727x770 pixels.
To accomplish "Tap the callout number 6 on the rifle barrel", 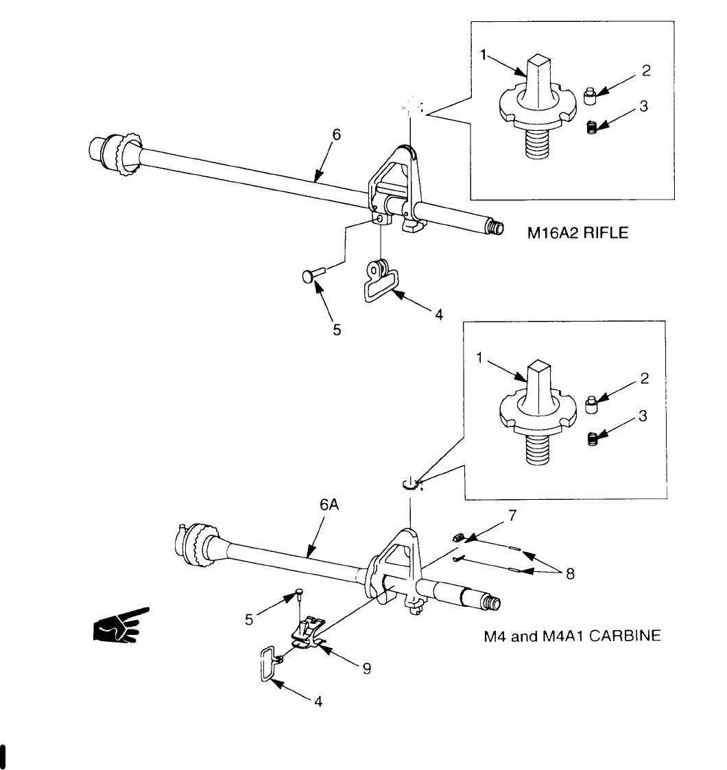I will (x=336, y=135).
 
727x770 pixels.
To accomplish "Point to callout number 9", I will (x=367, y=668).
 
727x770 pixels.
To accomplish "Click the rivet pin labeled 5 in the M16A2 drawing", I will (x=313, y=274).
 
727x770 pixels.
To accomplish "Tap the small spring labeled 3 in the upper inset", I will (x=593, y=127).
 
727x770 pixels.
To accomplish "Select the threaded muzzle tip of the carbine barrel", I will (x=491, y=602).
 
